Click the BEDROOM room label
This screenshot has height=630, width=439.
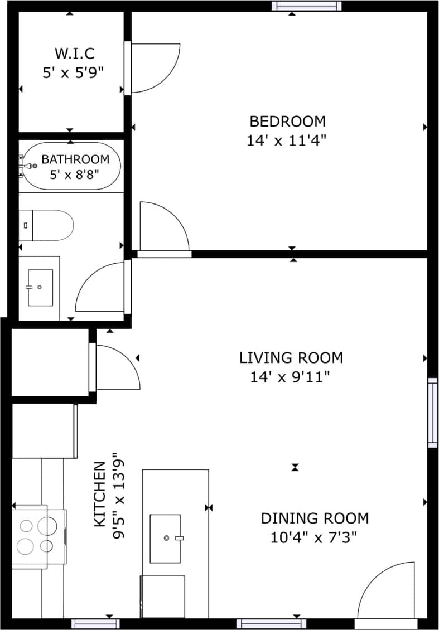click(x=287, y=121)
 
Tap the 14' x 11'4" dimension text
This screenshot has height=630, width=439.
click(x=286, y=140)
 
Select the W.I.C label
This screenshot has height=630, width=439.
click(x=74, y=54)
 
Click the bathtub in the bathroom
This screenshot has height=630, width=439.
click(x=70, y=166)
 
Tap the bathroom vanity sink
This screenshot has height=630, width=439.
click(x=40, y=288)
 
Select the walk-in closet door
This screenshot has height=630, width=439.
click(x=154, y=68)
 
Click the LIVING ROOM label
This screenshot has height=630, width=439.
click(x=291, y=357)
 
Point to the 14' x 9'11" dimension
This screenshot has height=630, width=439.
click(x=290, y=377)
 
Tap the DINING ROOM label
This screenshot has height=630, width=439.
click(x=315, y=518)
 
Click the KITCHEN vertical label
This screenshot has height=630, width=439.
click(x=99, y=495)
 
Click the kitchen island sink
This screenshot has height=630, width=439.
click(x=166, y=538)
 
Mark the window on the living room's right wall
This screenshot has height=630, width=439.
click(x=433, y=413)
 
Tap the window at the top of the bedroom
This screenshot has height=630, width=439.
click(x=306, y=6)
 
